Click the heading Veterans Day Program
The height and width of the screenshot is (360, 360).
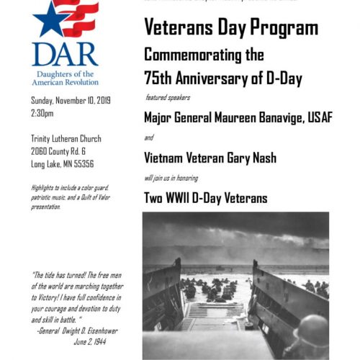pyautogui.click(x=231, y=29)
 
